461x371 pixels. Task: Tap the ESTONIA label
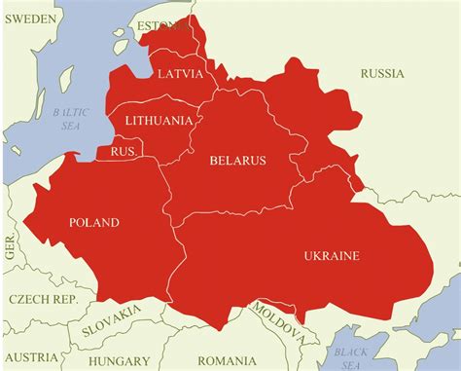(x=160, y=24)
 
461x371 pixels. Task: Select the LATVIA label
(x=181, y=74)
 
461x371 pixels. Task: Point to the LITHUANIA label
(x=159, y=121)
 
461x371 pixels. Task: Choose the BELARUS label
(x=237, y=160)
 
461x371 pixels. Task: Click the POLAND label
(x=93, y=222)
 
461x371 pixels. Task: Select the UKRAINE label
(x=332, y=255)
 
